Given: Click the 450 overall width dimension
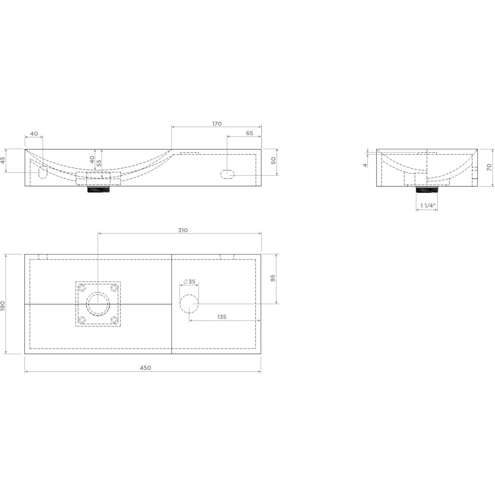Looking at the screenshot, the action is tap(145, 368).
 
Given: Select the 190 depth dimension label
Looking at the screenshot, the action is tap(3, 306).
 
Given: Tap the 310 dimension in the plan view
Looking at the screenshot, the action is tap(183, 230).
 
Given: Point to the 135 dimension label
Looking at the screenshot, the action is tap(222, 317).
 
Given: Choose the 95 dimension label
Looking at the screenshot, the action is tap(273, 278).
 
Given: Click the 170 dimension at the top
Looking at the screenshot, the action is tap(217, 124).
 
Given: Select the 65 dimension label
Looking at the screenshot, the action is tap(250, 133).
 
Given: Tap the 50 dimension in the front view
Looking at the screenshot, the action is tap(273, 160).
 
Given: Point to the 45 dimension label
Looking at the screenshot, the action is tap(3, 160).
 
